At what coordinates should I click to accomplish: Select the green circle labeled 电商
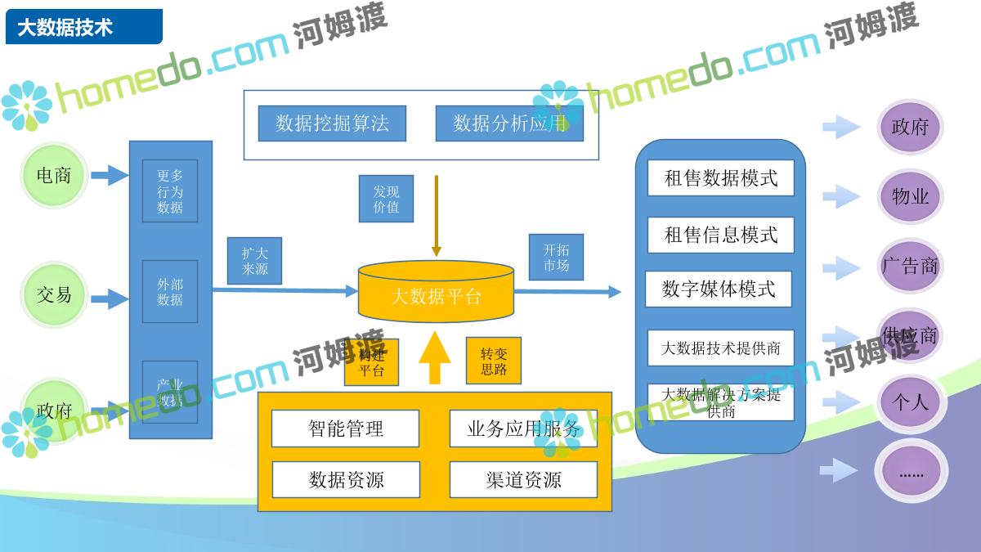pos(54,175)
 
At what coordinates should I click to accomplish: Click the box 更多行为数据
pos(170,191)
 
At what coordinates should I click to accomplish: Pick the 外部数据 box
pos(170,292)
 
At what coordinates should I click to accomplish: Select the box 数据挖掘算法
pos(332,123)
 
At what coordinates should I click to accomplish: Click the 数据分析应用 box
pos(509,123)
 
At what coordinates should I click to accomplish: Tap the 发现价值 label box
pos(386,199)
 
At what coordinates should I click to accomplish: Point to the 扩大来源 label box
pos(254,261)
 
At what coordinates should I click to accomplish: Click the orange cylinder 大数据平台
pos(436,293)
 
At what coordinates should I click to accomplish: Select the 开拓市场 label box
pos(556,258)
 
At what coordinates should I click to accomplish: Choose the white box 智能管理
pos(345,429)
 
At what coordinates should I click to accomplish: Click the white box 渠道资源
pos(523,480)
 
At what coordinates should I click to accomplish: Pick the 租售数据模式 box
pos(720,178)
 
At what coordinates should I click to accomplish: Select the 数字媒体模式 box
pos(719,289)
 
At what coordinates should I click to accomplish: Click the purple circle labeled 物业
pos(910,197)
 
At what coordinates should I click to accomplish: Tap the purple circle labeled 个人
pos(910,402)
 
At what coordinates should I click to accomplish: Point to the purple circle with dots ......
pos(910,472)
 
